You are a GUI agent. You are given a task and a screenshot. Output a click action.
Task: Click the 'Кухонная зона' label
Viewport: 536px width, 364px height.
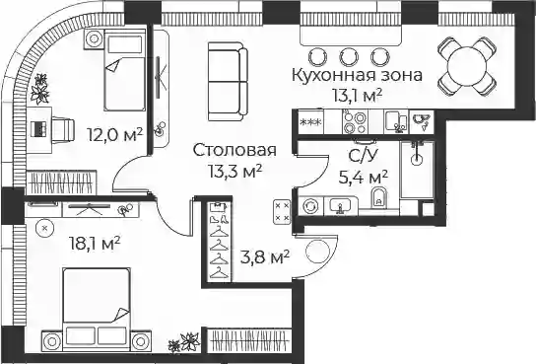[357, 75]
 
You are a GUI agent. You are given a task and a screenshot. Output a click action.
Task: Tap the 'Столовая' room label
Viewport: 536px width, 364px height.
[234, 150]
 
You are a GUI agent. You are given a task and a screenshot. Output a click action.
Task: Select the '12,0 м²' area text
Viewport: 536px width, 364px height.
[114, 135]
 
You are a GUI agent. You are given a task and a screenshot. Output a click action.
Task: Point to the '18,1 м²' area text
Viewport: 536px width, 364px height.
[95, 244]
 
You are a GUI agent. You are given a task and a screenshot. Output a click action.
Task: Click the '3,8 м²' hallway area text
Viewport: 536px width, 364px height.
[265, 256]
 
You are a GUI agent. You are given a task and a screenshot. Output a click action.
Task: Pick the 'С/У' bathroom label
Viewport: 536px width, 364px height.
[364, 156]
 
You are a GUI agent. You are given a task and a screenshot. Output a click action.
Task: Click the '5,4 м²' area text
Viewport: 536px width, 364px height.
[363, 178]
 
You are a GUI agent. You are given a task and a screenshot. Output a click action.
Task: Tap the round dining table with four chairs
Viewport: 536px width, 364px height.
[467, 66]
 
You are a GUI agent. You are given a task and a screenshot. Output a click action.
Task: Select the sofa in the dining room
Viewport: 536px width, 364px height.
[228, 82]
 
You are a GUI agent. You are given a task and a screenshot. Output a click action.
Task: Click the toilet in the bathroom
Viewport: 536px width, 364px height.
[378, 197]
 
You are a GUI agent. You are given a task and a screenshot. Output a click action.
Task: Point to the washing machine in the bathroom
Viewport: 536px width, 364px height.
[310, 206]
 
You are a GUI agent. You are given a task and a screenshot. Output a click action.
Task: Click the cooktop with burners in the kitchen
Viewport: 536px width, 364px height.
[355, 122]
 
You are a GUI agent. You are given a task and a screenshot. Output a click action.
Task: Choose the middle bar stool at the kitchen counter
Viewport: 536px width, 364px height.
[349, 57]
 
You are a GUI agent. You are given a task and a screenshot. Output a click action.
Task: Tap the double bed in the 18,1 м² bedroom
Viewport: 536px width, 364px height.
[96, 309]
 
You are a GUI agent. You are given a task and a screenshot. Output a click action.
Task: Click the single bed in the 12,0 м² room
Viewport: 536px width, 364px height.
[125, 70]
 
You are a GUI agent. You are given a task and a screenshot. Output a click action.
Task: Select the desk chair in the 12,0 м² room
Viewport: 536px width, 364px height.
[62, 130]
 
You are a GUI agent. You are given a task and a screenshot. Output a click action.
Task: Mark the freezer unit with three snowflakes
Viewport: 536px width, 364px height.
[310, 121]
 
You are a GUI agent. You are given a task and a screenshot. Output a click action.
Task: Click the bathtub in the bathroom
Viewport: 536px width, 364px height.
[417, 170]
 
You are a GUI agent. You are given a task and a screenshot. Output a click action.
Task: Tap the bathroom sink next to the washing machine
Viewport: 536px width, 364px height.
[341, 206]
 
